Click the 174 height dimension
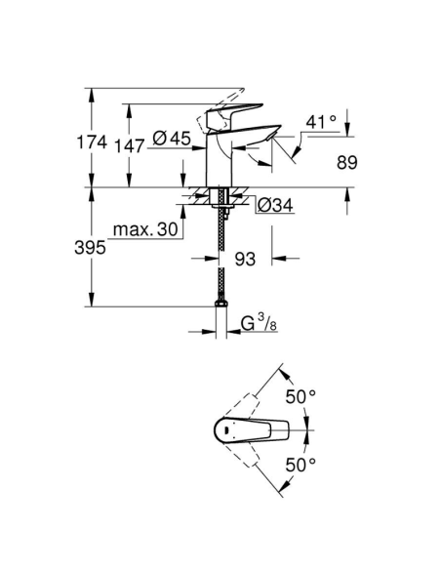tap(91, 142)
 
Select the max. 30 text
tap(143, 230)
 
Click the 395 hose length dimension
tap(91, 248)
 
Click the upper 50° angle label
tap(300, 396)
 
